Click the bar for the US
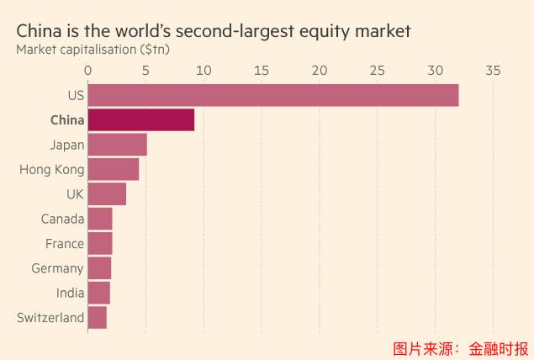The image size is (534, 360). point(272,95)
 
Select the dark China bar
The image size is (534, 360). point(140,119)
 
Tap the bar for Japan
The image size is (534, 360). point(117,145)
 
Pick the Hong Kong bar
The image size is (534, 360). point(113,169)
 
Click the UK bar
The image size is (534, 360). point(107,194)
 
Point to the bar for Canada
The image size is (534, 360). point(99,219)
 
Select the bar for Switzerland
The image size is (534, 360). point(97,318)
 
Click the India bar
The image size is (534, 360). point(98,293)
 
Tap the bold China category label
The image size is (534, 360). point(67,120)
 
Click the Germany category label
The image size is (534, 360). point(58,268)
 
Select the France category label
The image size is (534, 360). point(65,244)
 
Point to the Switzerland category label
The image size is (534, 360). point(50,318)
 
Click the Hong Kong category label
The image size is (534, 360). point(52,170)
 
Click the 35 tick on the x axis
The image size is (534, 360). point(493,71)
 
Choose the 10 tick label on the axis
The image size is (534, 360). point(204,71)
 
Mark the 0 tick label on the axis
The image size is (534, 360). point(87,71)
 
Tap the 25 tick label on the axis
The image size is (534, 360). point(377,71)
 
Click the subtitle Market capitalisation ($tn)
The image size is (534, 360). point(92,49)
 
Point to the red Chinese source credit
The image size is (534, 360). point(461,347)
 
